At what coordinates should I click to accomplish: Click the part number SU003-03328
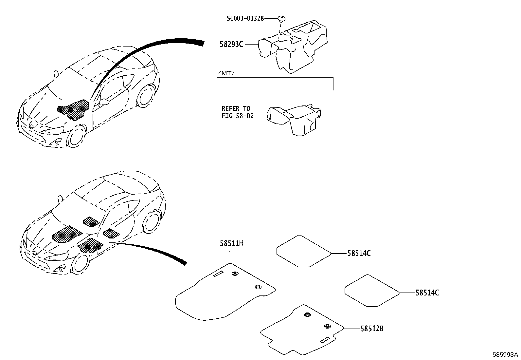pos(245,19)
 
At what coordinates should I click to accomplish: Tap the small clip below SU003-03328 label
pos(281,18)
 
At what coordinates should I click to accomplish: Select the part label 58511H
pos(231,244)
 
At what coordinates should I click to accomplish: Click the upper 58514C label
pos(359,253)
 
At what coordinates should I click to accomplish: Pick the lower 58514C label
pos(427,293)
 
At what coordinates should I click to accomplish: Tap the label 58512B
pos(372,328)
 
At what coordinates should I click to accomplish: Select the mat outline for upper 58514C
pos(303,251)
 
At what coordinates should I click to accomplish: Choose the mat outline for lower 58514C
pos(371,291)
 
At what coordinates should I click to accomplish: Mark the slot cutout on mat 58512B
pos(326,340)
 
